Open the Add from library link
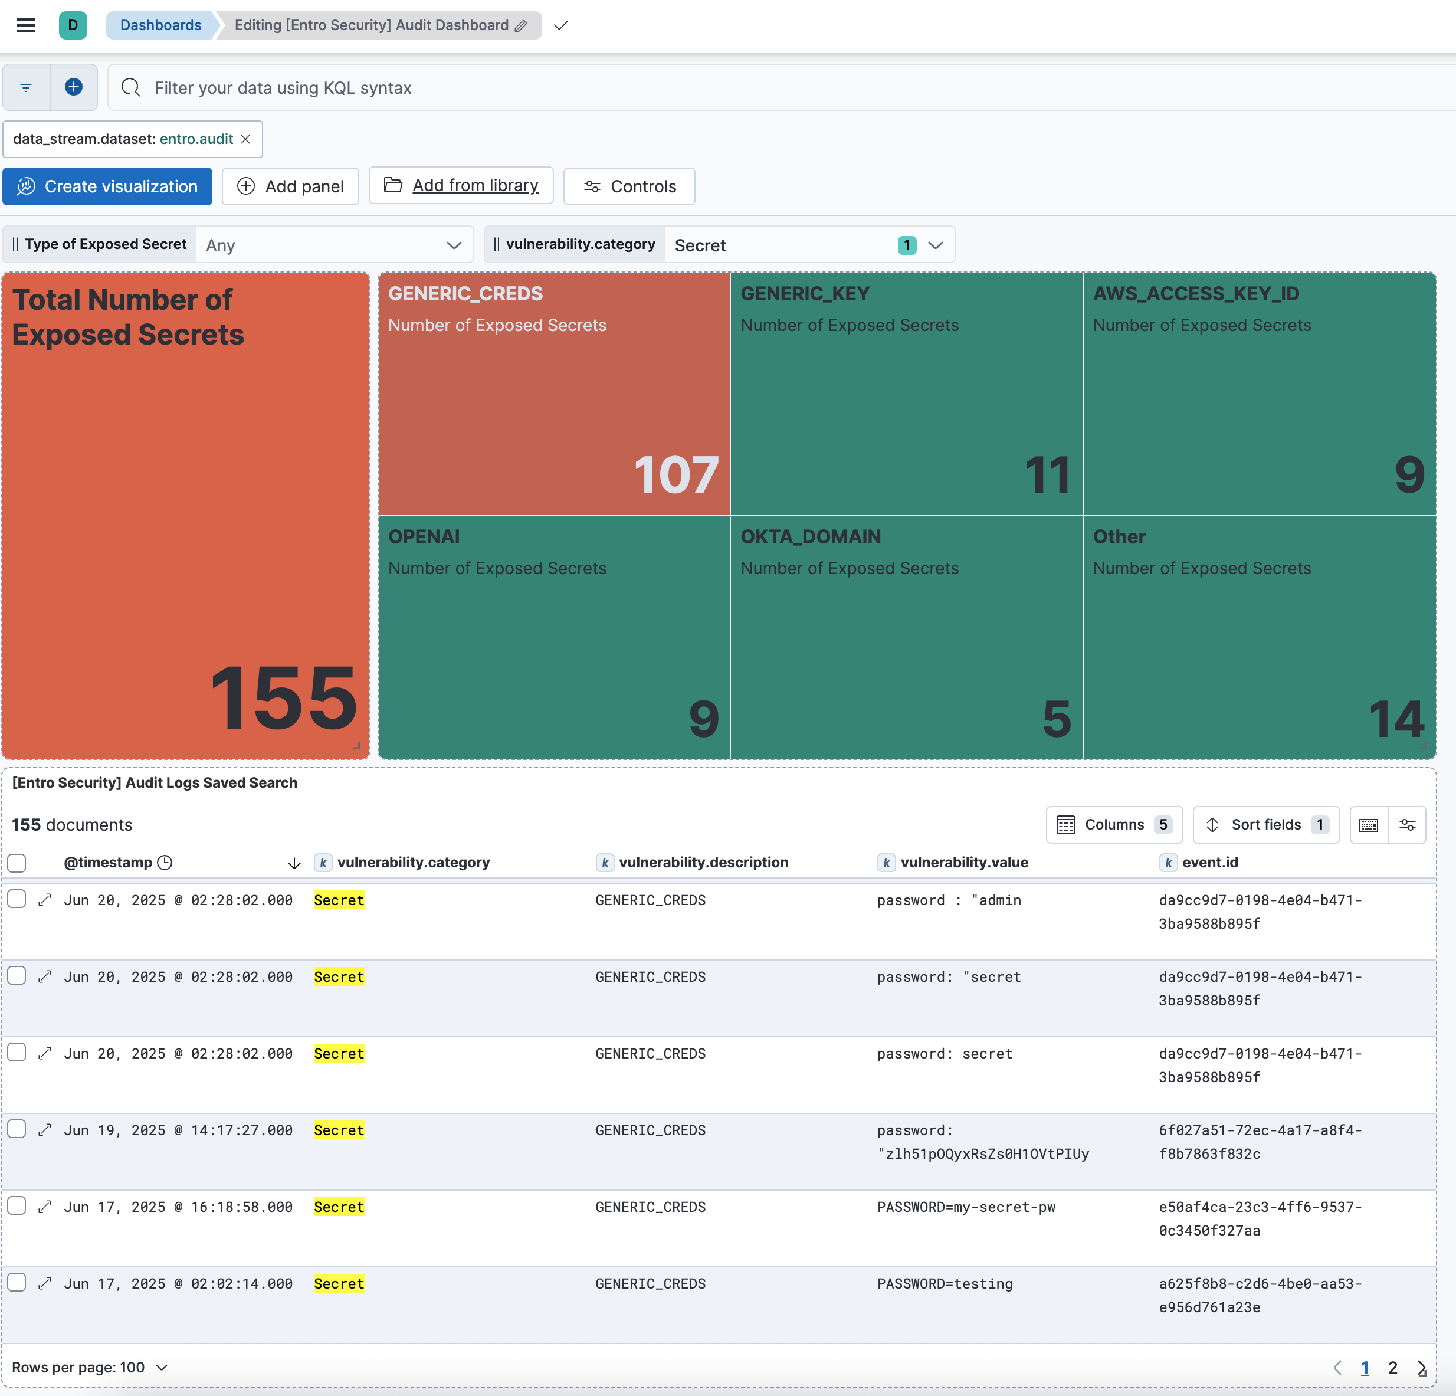click(475, 186)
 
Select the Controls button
click(629, 186)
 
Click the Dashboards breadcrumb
click(160, 25)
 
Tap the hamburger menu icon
click(26, 25)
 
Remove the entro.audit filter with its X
click(246, 140)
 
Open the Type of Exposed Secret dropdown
click(335, 245)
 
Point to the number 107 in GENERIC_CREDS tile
click(675, 475)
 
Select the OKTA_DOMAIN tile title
click(811, 536)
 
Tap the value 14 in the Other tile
click(1396, 719)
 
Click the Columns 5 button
click(1114, 825)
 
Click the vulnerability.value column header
click(964, 863)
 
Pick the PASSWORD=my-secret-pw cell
click(966, 1207)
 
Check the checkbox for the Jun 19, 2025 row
click(17, 1130)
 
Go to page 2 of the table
click(1393, 1368)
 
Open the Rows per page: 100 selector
click(90, 1368)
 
